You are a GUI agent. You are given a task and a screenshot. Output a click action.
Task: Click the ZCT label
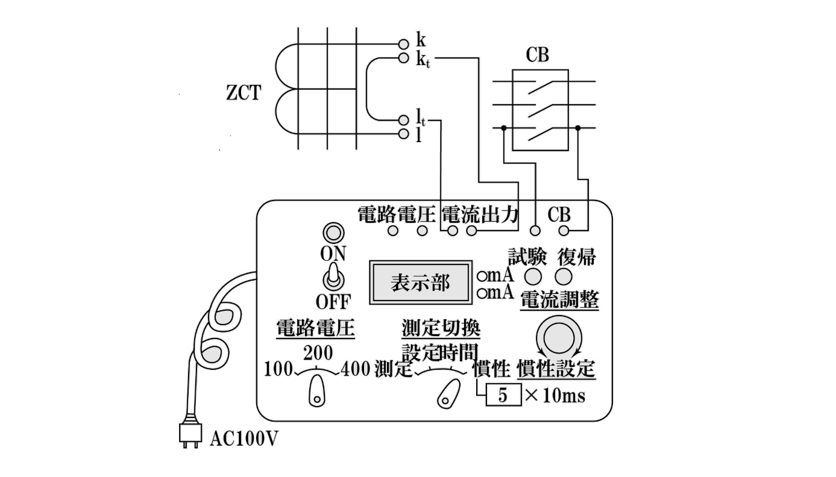pos(243,93)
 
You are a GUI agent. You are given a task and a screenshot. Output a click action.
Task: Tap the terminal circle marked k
pos(404,43)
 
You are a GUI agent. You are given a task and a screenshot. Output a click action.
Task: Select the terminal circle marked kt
pos(404,58)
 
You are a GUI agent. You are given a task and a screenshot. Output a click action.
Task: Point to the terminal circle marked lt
pos(404,120)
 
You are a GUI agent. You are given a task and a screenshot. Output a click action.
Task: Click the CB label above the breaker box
pos(538,55)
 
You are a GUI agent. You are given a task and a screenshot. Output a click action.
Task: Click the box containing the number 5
pos(503,396)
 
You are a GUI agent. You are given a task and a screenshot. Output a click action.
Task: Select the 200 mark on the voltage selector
pos(318,352)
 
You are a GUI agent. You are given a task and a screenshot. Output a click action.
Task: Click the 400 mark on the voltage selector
pos(355,368)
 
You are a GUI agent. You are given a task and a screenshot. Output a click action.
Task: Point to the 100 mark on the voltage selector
pos(278,368)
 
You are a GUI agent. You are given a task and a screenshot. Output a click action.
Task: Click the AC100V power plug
pos(189,434)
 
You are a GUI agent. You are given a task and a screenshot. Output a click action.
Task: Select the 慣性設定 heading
pos(556,368)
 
